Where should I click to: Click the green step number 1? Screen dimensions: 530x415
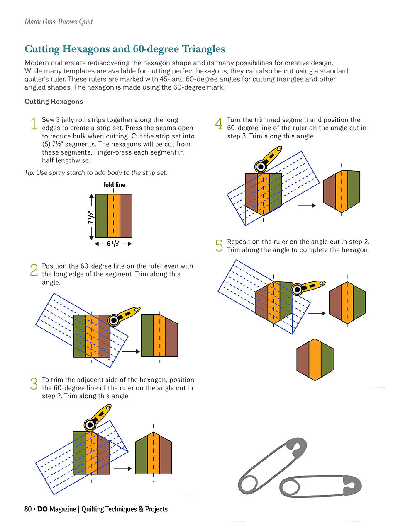(x=34, y=123)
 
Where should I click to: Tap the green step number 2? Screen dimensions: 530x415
(x=34, y=270)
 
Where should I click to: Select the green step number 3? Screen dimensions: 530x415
(x=34, y=384)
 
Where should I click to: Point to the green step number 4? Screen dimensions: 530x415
(x=219, y=123)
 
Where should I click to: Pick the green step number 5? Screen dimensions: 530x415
(x=219, y=246)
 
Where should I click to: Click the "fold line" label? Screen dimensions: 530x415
(x=114, y=185)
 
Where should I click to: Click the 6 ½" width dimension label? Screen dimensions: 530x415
(x=113, y=244)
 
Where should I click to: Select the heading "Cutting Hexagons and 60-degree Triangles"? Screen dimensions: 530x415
(x=125, y=49)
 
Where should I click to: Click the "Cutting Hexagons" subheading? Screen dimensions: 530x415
(x=54, y=102)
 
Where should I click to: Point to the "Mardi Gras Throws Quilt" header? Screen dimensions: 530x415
(x=59, y=22)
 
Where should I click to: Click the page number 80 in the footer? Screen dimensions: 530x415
(x=28, y=509)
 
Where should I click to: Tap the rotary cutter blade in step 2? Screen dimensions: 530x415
(x=114, y=319)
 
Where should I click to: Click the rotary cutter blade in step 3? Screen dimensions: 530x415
(x=90, y=424)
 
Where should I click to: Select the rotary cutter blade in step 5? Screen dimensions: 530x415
(x=297, y=289)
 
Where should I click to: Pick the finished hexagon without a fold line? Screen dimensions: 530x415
(x=315, y=359)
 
